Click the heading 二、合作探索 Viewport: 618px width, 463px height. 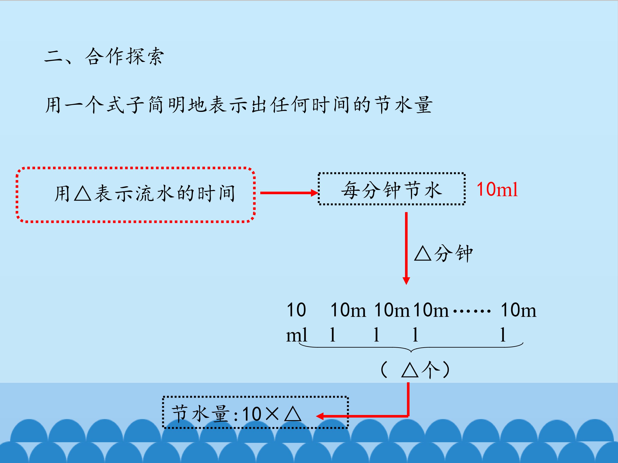point(104,57)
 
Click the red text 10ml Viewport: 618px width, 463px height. point(497,190)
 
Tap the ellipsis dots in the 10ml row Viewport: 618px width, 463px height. point(471,311)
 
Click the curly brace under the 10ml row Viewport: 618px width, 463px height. point(411,348)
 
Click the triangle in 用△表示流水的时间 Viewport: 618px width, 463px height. point(83,193)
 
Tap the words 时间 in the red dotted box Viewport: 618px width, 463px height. point(217,193)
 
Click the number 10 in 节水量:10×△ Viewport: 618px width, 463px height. point(252,414)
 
